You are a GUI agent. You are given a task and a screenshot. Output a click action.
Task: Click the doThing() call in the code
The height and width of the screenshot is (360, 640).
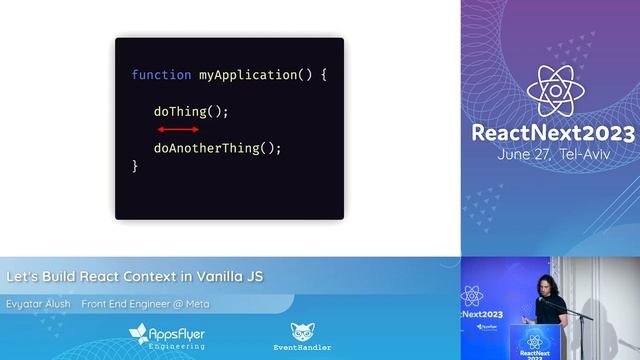pos(191,112)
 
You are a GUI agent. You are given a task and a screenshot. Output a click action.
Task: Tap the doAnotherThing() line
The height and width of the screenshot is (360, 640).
pos(217,148)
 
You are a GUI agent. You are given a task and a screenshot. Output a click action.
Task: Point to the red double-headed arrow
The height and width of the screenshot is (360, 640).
pos(178,129)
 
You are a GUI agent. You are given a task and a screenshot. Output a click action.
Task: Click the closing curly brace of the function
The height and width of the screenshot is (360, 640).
pos(135,166)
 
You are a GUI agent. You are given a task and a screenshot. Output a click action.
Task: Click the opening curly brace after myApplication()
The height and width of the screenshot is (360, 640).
pos(323,75)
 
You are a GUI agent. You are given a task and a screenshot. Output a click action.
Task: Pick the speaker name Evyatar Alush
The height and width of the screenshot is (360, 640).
pos(38,304)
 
